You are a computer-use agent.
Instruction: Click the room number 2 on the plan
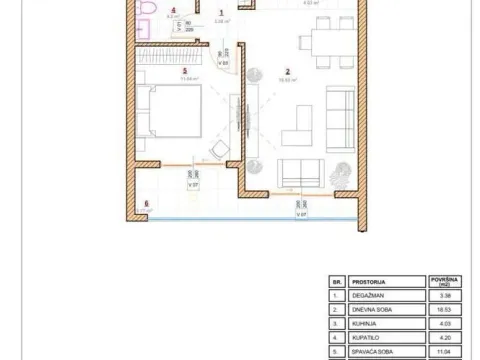click(287, 72)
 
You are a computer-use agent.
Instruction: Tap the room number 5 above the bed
click(184, 71)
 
